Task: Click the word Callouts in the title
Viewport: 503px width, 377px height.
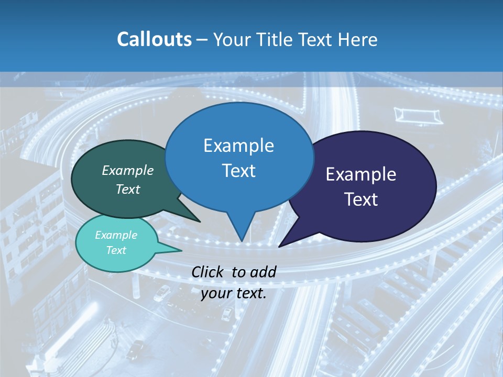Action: click(155, 40)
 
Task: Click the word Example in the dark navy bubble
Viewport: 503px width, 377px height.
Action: click(361, 174)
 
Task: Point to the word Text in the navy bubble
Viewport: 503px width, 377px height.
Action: click(361, 199)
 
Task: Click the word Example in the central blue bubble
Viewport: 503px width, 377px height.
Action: click(238, 146)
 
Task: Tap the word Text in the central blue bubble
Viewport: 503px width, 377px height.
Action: click(238, 171)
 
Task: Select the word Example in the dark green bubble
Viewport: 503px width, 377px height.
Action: click(128, 171)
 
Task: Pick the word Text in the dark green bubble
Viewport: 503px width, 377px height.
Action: click(128, 189)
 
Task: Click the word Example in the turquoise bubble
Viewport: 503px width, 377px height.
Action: click(116, 235)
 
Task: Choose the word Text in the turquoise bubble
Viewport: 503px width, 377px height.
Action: click(116, 250)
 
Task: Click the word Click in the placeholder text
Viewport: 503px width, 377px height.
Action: click(208, 272)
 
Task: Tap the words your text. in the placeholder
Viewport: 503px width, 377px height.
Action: click(234, 294)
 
